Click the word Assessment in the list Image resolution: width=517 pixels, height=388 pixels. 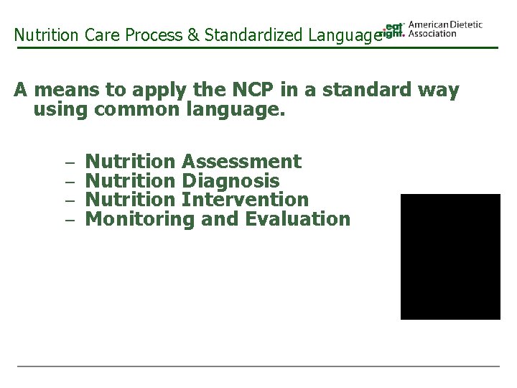click(x=242, y=161)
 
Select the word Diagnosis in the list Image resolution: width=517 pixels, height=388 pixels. click(x=231, y=180)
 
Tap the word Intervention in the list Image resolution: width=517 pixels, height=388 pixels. click(x=246, y=199)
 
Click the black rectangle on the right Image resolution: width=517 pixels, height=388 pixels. click(x=450, y=257)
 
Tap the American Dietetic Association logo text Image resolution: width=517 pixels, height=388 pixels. click(x=444, y=29)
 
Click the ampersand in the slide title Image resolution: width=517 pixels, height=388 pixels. click(x=194, y=34)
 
